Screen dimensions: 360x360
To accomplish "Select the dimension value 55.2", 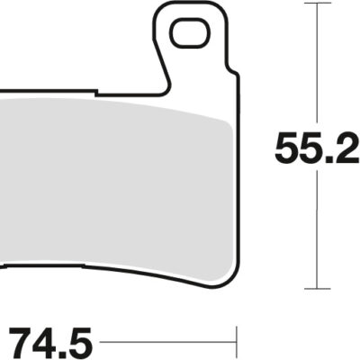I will pos(316,148).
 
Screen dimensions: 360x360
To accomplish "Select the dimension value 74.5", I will pos(51,342).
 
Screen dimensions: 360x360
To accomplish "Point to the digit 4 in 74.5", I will pos(47,342).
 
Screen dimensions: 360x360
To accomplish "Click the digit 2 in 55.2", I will pos(346,148).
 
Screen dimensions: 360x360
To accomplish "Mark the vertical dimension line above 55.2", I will pos(313,63).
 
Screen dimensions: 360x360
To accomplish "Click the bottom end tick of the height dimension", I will pos(313,289).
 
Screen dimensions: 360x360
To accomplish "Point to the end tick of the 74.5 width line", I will pos(236,343).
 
